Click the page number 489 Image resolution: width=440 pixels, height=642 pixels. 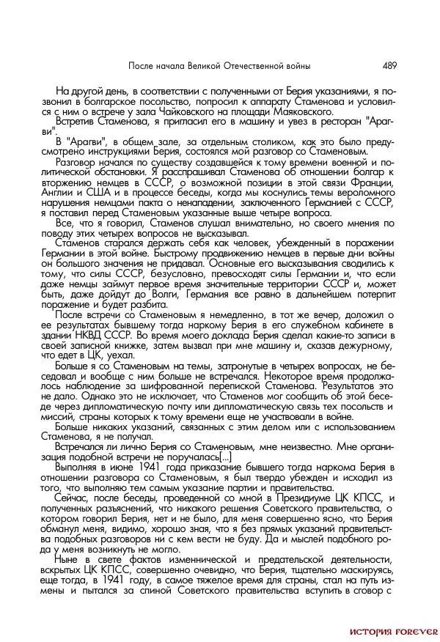(389, 65)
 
